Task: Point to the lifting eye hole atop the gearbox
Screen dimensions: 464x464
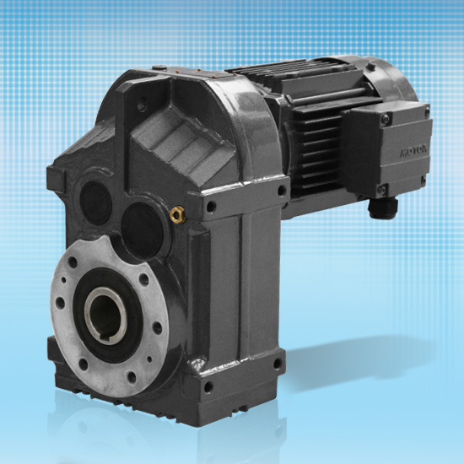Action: [x=140, y=107]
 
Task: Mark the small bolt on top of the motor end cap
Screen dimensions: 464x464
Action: [x=370, y=67]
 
